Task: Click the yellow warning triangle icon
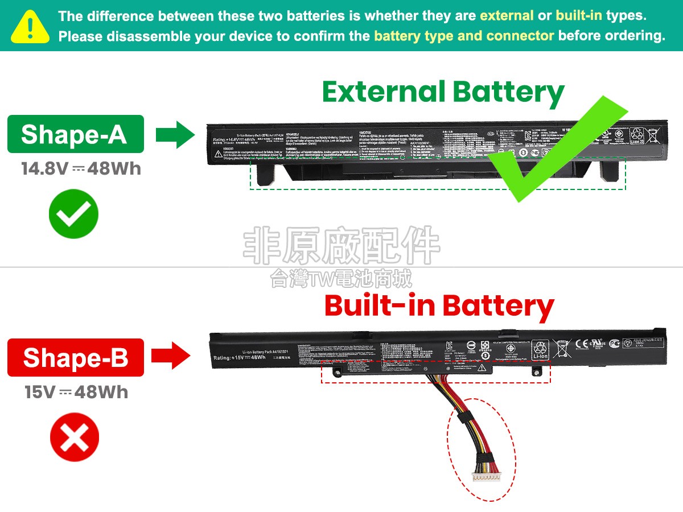[30, 26]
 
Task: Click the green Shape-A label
[75, 134]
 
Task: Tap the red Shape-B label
[75, 358]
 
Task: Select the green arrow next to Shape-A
[175, 135]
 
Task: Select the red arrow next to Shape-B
[170, 357]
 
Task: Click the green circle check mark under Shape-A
[73, 214]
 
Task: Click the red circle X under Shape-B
[74, 437]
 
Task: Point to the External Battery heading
[443, 92]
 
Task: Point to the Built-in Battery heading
[439, 305]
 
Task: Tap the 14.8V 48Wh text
[81, 169]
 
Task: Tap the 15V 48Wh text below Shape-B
[76, 392]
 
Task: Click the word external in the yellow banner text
[507, 16]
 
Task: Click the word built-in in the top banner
[579, 16]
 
